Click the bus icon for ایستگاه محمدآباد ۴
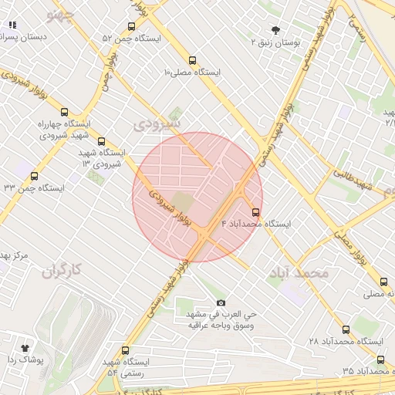(x=256, y=212)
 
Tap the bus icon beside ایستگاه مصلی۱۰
(x=192, y=60)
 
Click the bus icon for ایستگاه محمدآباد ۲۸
(x=346, y=329)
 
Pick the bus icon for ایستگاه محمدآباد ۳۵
(x=380, y=360)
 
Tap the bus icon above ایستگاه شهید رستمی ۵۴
(x=126, y=351)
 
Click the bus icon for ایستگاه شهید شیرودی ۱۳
(x=101, y=141)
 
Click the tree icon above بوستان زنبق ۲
(x=276, y=30)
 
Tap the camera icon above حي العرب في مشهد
(x=221, y=303)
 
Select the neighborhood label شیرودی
(x=157, y=123)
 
